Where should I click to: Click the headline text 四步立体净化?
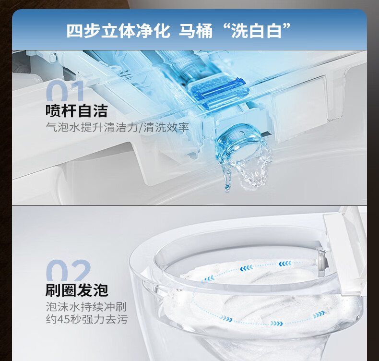pyautogui.click(x=118, y=31)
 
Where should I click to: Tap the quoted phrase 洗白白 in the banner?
pyautogui.click(x=257, y=31)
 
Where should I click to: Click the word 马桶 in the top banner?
pyautogui.click(x=196, y=31)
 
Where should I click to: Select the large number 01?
pyautogui.click(x=65, y=91)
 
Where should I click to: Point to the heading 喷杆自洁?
pyautogui.click(x=77, y=111)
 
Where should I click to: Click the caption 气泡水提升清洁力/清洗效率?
pyautogui.click(x=117, y=127)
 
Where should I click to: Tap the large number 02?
pyautogui.click(x=68, y=270)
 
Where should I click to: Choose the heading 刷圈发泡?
pyautogui.click(x=77, y=290)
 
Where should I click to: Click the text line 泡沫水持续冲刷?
pyautogui.click(x=86, y=307)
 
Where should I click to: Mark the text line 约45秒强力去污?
pyautogui.click(x=86, y=319)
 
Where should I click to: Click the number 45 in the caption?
pyautogui.click(x=63, y=319)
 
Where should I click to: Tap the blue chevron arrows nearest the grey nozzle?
pyautogui.click(x=285, y=264)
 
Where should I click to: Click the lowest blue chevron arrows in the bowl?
pyautogui.click(x=277, y=323)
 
